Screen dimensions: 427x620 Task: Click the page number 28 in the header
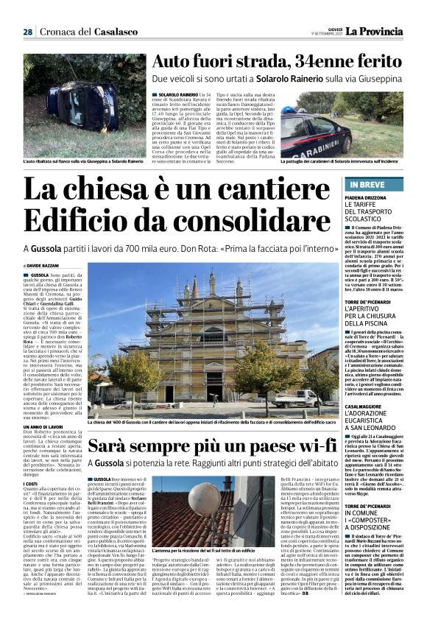coord(27,32)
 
